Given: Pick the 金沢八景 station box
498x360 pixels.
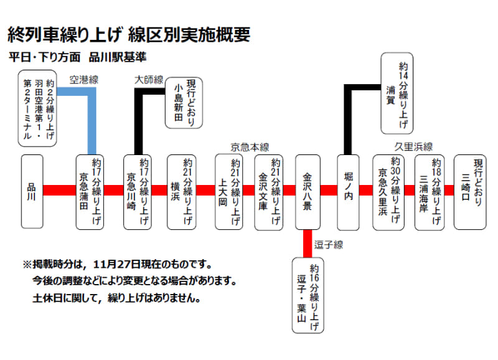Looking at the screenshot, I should point(308,191).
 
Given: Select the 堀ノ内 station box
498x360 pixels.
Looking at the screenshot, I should point(348,191).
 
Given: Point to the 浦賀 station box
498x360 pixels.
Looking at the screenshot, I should point(397,93).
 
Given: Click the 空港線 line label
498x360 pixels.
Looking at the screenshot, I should point(84,80).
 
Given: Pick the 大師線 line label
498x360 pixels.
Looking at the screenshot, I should point(149,80).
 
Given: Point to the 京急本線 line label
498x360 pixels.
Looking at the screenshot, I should point(249,147).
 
